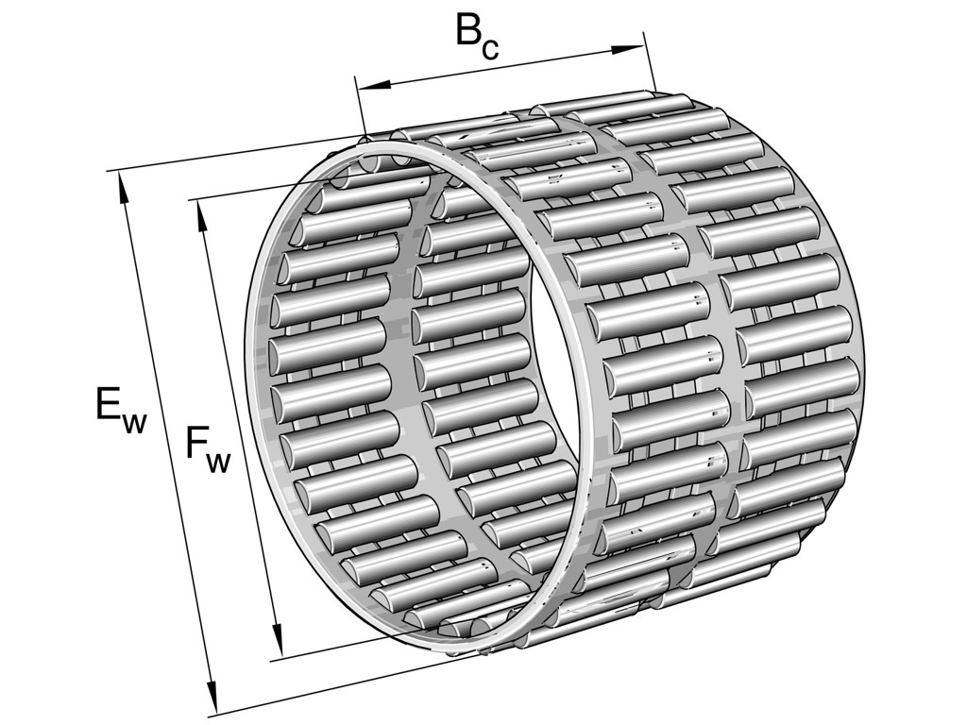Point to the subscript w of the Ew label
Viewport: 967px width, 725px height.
click(134, 423)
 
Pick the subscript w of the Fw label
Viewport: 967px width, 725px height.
click(218, 463)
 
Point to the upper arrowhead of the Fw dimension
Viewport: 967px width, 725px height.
click(201, 214)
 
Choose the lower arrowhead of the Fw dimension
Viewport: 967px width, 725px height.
click(277, 644)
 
